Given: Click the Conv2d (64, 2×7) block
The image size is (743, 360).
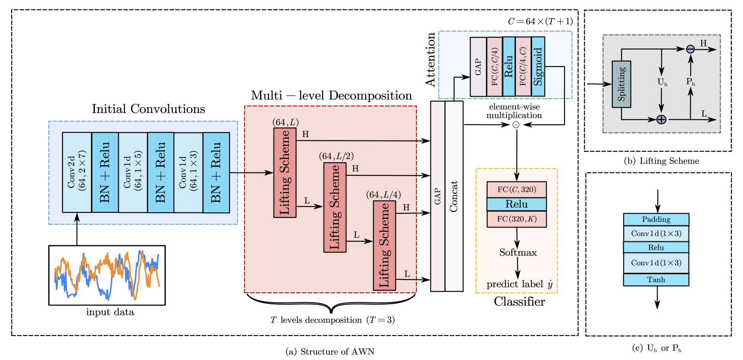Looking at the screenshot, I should [77, 172].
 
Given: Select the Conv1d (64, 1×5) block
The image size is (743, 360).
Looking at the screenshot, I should [133, 172].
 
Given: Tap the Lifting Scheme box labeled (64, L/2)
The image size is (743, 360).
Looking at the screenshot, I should [335, 207].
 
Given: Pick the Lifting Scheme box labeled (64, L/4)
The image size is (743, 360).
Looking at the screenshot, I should [384, 245].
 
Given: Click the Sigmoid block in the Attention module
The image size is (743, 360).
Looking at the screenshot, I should [538, 67].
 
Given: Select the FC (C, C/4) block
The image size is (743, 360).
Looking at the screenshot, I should [494, 67].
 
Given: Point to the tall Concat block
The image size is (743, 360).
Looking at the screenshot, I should [454, 196].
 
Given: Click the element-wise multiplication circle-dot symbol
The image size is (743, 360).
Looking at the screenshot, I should [516, 125].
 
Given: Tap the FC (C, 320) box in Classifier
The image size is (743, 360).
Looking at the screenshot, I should [516, 189].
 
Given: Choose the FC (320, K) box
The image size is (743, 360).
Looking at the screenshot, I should [516, 219].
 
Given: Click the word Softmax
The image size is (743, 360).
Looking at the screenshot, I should [518, 252].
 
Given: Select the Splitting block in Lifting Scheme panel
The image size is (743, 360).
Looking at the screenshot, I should [621, 84].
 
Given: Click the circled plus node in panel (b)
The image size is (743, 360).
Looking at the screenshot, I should [661, 119].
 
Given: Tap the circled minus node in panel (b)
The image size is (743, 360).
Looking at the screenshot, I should [690, 49].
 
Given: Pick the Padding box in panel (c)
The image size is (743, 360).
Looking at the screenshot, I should [656, 219].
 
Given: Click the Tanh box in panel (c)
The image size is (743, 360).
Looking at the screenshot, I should [656, 280].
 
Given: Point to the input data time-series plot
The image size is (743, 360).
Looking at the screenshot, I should [107, 275].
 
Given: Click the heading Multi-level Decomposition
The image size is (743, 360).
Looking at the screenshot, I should [331, 95].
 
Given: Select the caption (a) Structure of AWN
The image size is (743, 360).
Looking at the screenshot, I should [330, 351].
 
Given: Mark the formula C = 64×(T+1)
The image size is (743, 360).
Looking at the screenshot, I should [540, 21].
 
